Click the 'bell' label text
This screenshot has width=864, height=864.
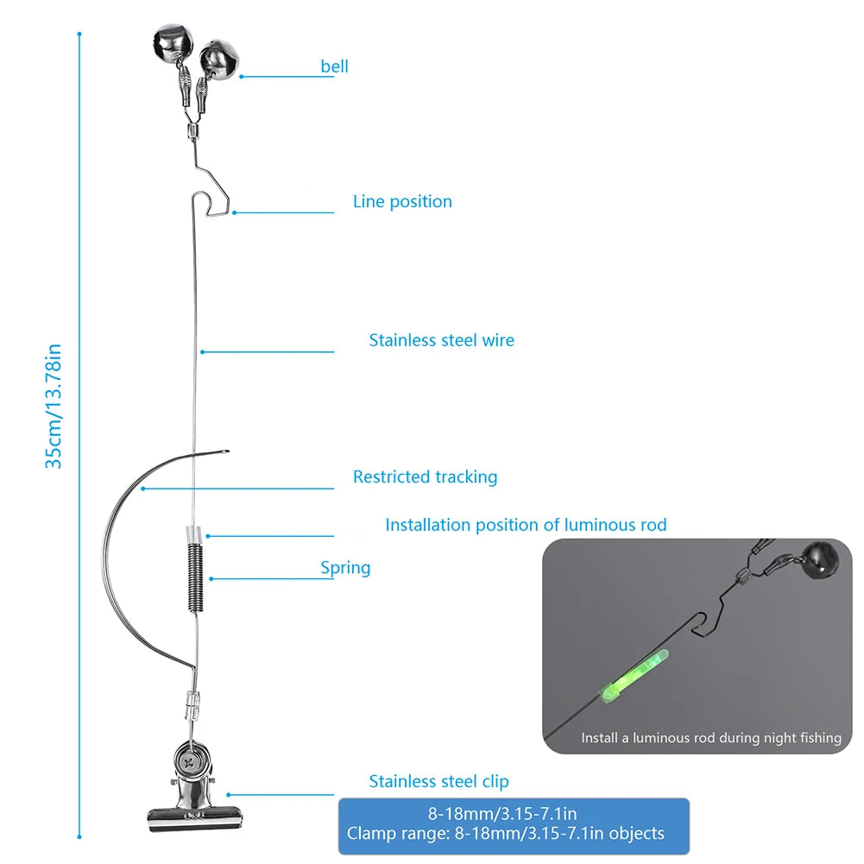pyautogui.click(x=334, y=66)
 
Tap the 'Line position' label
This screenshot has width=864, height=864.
pyautogui.click(x=402, y=202)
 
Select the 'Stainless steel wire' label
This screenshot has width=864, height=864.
pyautogui.click(x=441, y=340)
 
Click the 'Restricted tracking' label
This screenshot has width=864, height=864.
pyautogui.click(x=425, y=476)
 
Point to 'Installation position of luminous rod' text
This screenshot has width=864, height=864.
pyautogui.click(x=526, y=525)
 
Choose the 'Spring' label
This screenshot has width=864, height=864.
pyautogui.click(x=345, y=568)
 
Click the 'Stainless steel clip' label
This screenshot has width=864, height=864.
pyautogui.click(x=438, y=781)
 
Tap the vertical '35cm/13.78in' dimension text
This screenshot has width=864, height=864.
pyautogui.click(x=54, y=406)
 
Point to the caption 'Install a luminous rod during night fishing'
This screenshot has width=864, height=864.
pyautogui.click(x=710, y=738)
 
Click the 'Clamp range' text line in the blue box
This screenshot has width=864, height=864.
pyautogui.click(x=506, y=834)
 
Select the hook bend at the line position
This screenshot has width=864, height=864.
pyautogui.click(x=218, y=208)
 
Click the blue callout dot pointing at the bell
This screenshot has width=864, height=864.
pyautogui.click(x=242, y=77)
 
